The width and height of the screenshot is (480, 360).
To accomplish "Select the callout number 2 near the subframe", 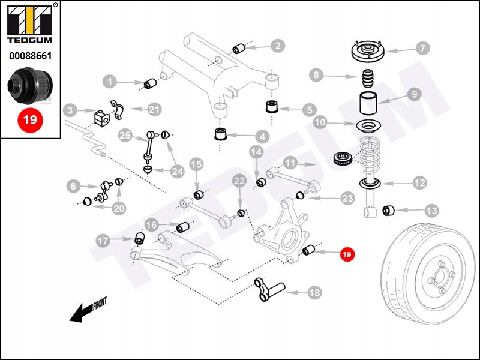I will coord(277,45).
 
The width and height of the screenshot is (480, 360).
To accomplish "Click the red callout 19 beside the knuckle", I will coord(346,254).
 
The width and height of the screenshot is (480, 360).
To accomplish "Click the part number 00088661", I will coord(30,56).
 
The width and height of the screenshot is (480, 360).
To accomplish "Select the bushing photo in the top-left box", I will coord(30,86).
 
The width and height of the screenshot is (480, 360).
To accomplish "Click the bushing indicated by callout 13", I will coord(389,210).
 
